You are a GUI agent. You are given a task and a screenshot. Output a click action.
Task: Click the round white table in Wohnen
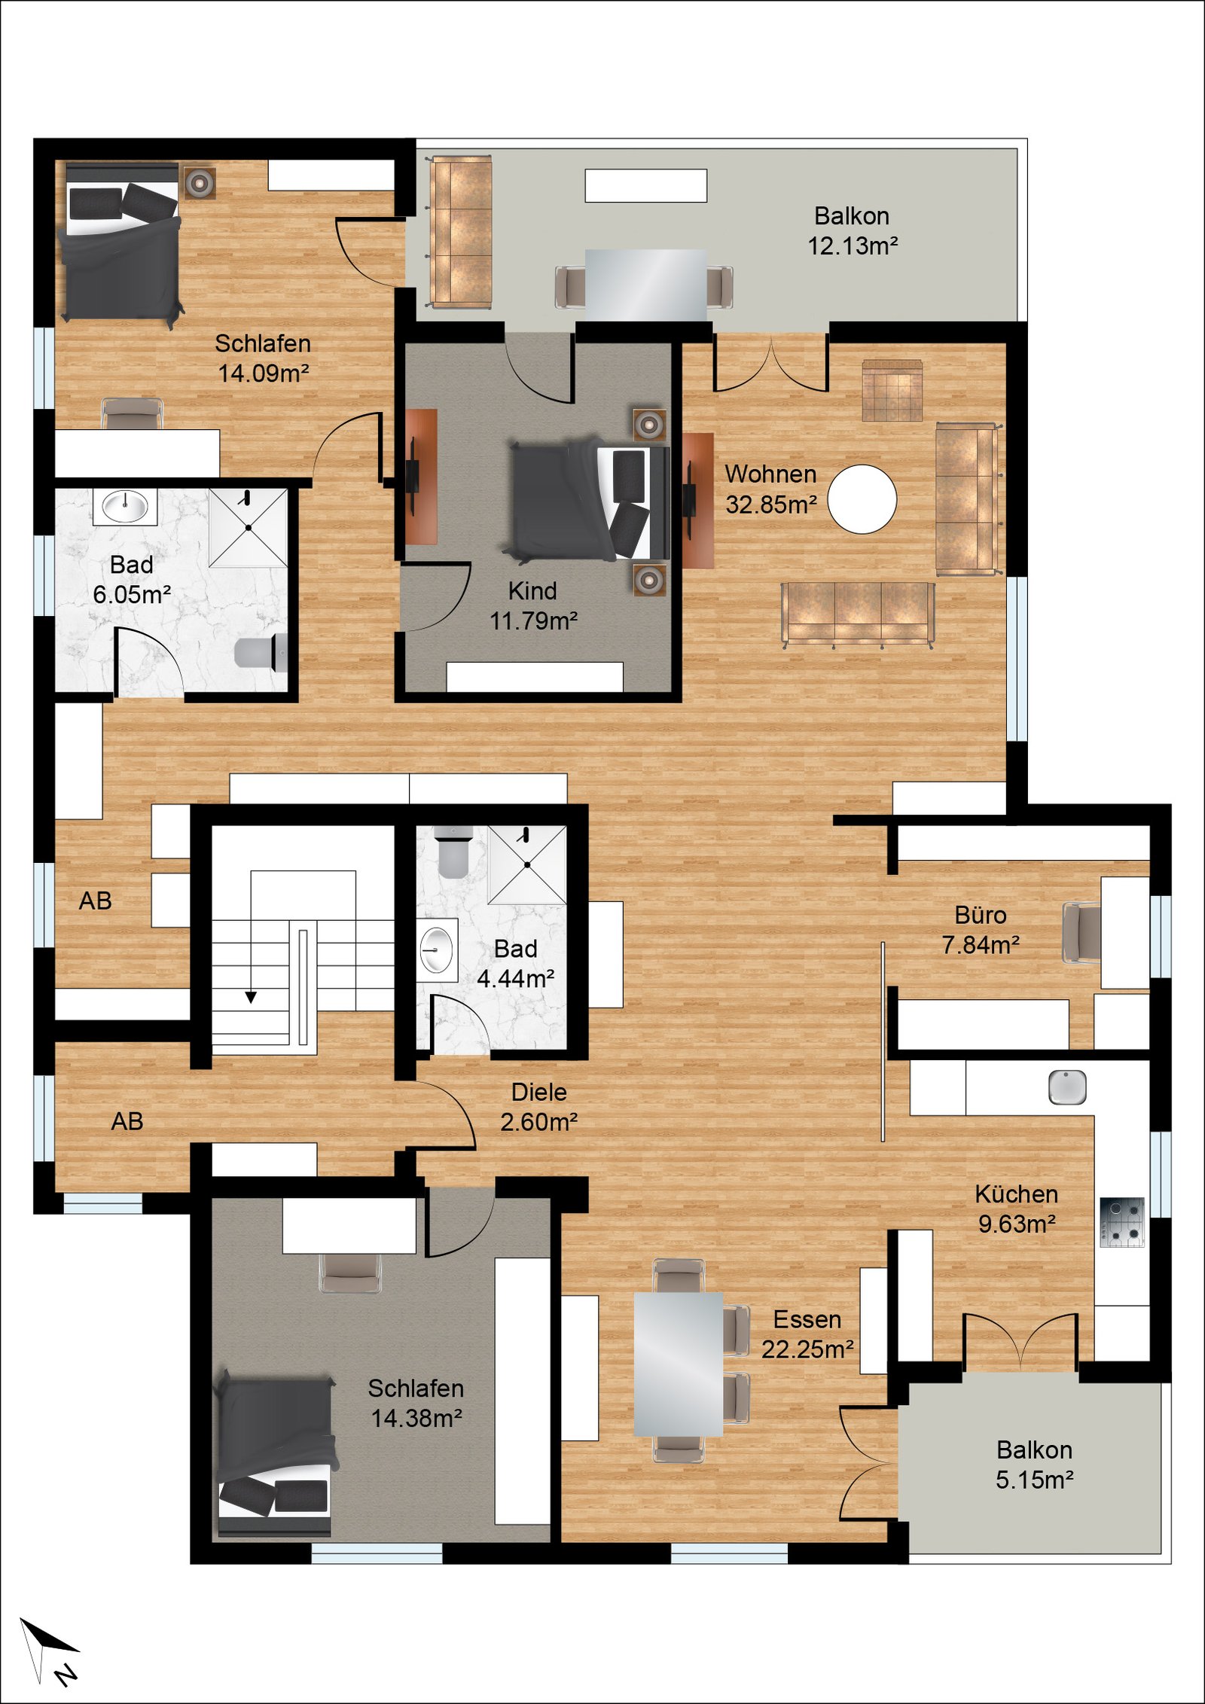pyautogui.click(x=862, y=499)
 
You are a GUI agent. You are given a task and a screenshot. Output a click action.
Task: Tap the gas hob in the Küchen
pyautogui.click(x=1121, y=1222)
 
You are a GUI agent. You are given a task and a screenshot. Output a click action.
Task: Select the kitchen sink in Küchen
pyautogui.click(x=1067, y=1087)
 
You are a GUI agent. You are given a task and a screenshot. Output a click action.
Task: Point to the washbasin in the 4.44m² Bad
pyautogui.click(x=437, y=949)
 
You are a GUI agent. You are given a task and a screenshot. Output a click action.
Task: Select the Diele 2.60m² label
pyautogui.click(x=538, y=1106)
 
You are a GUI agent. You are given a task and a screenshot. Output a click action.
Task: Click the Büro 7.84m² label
pyautogui.click(x=981, y=929)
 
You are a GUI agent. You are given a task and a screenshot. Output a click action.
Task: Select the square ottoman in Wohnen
pyautogui.click(x=892, y=390)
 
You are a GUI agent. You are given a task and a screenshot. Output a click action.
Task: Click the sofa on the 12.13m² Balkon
pyautogui.click(x=460, y=232)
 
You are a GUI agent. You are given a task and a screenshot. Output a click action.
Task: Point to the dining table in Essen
pyautogui.click(x=678, y=1363)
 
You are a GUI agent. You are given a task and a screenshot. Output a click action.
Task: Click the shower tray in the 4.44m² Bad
pyautogui.click(x=527, y=864)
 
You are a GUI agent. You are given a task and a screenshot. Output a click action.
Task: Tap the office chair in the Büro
pyautogui.click(x=1081, y=932)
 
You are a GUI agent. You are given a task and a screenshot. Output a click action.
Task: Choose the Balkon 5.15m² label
pyautogui.click(x=1034, y=1464)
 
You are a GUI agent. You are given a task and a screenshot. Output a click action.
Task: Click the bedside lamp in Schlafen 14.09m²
pyautogui.click(x=200, y=181)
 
